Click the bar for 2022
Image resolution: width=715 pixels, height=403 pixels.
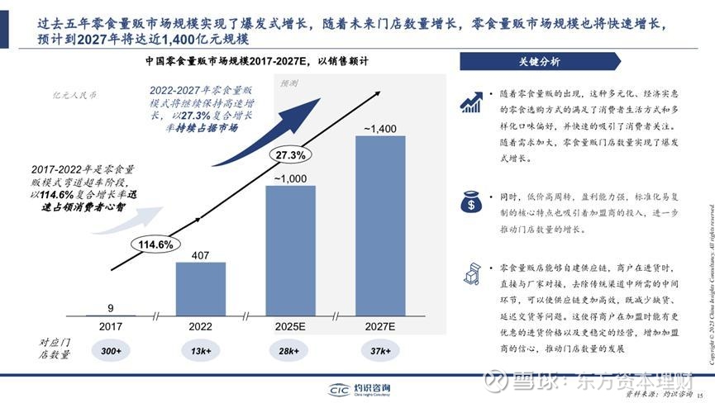pyautogui.click(x=201, y=289)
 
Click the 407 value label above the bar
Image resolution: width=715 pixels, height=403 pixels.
pyautogui.click(x=201, y=254)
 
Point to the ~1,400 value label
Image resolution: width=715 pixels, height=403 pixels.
pyautogui.click(x=380, y=128)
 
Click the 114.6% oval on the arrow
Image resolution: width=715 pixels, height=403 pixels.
pyautogui.click(x=154, y=244)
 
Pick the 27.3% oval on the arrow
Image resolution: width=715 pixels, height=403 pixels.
pyautogui.click(x=290, y=154)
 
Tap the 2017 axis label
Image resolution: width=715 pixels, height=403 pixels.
pyautogui.click(x=111, y=327)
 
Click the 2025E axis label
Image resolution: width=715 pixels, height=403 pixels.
pyautogui.click(x=290, y=327)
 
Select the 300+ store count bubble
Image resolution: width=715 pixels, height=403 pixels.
pyautogui.click(x=111, y=351)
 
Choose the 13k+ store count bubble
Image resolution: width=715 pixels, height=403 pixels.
pyautogui.click(x=201, y=351)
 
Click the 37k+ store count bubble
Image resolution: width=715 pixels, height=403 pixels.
pyautogui.click(x=380, y=351)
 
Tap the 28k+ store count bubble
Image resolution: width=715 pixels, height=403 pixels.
pyautogui.click(x=290, y=351)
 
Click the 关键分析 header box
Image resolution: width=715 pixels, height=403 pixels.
pyautogui.click(x=538, y=62)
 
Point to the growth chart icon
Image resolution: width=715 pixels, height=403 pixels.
pyautogui.click(x=473, y=102)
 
